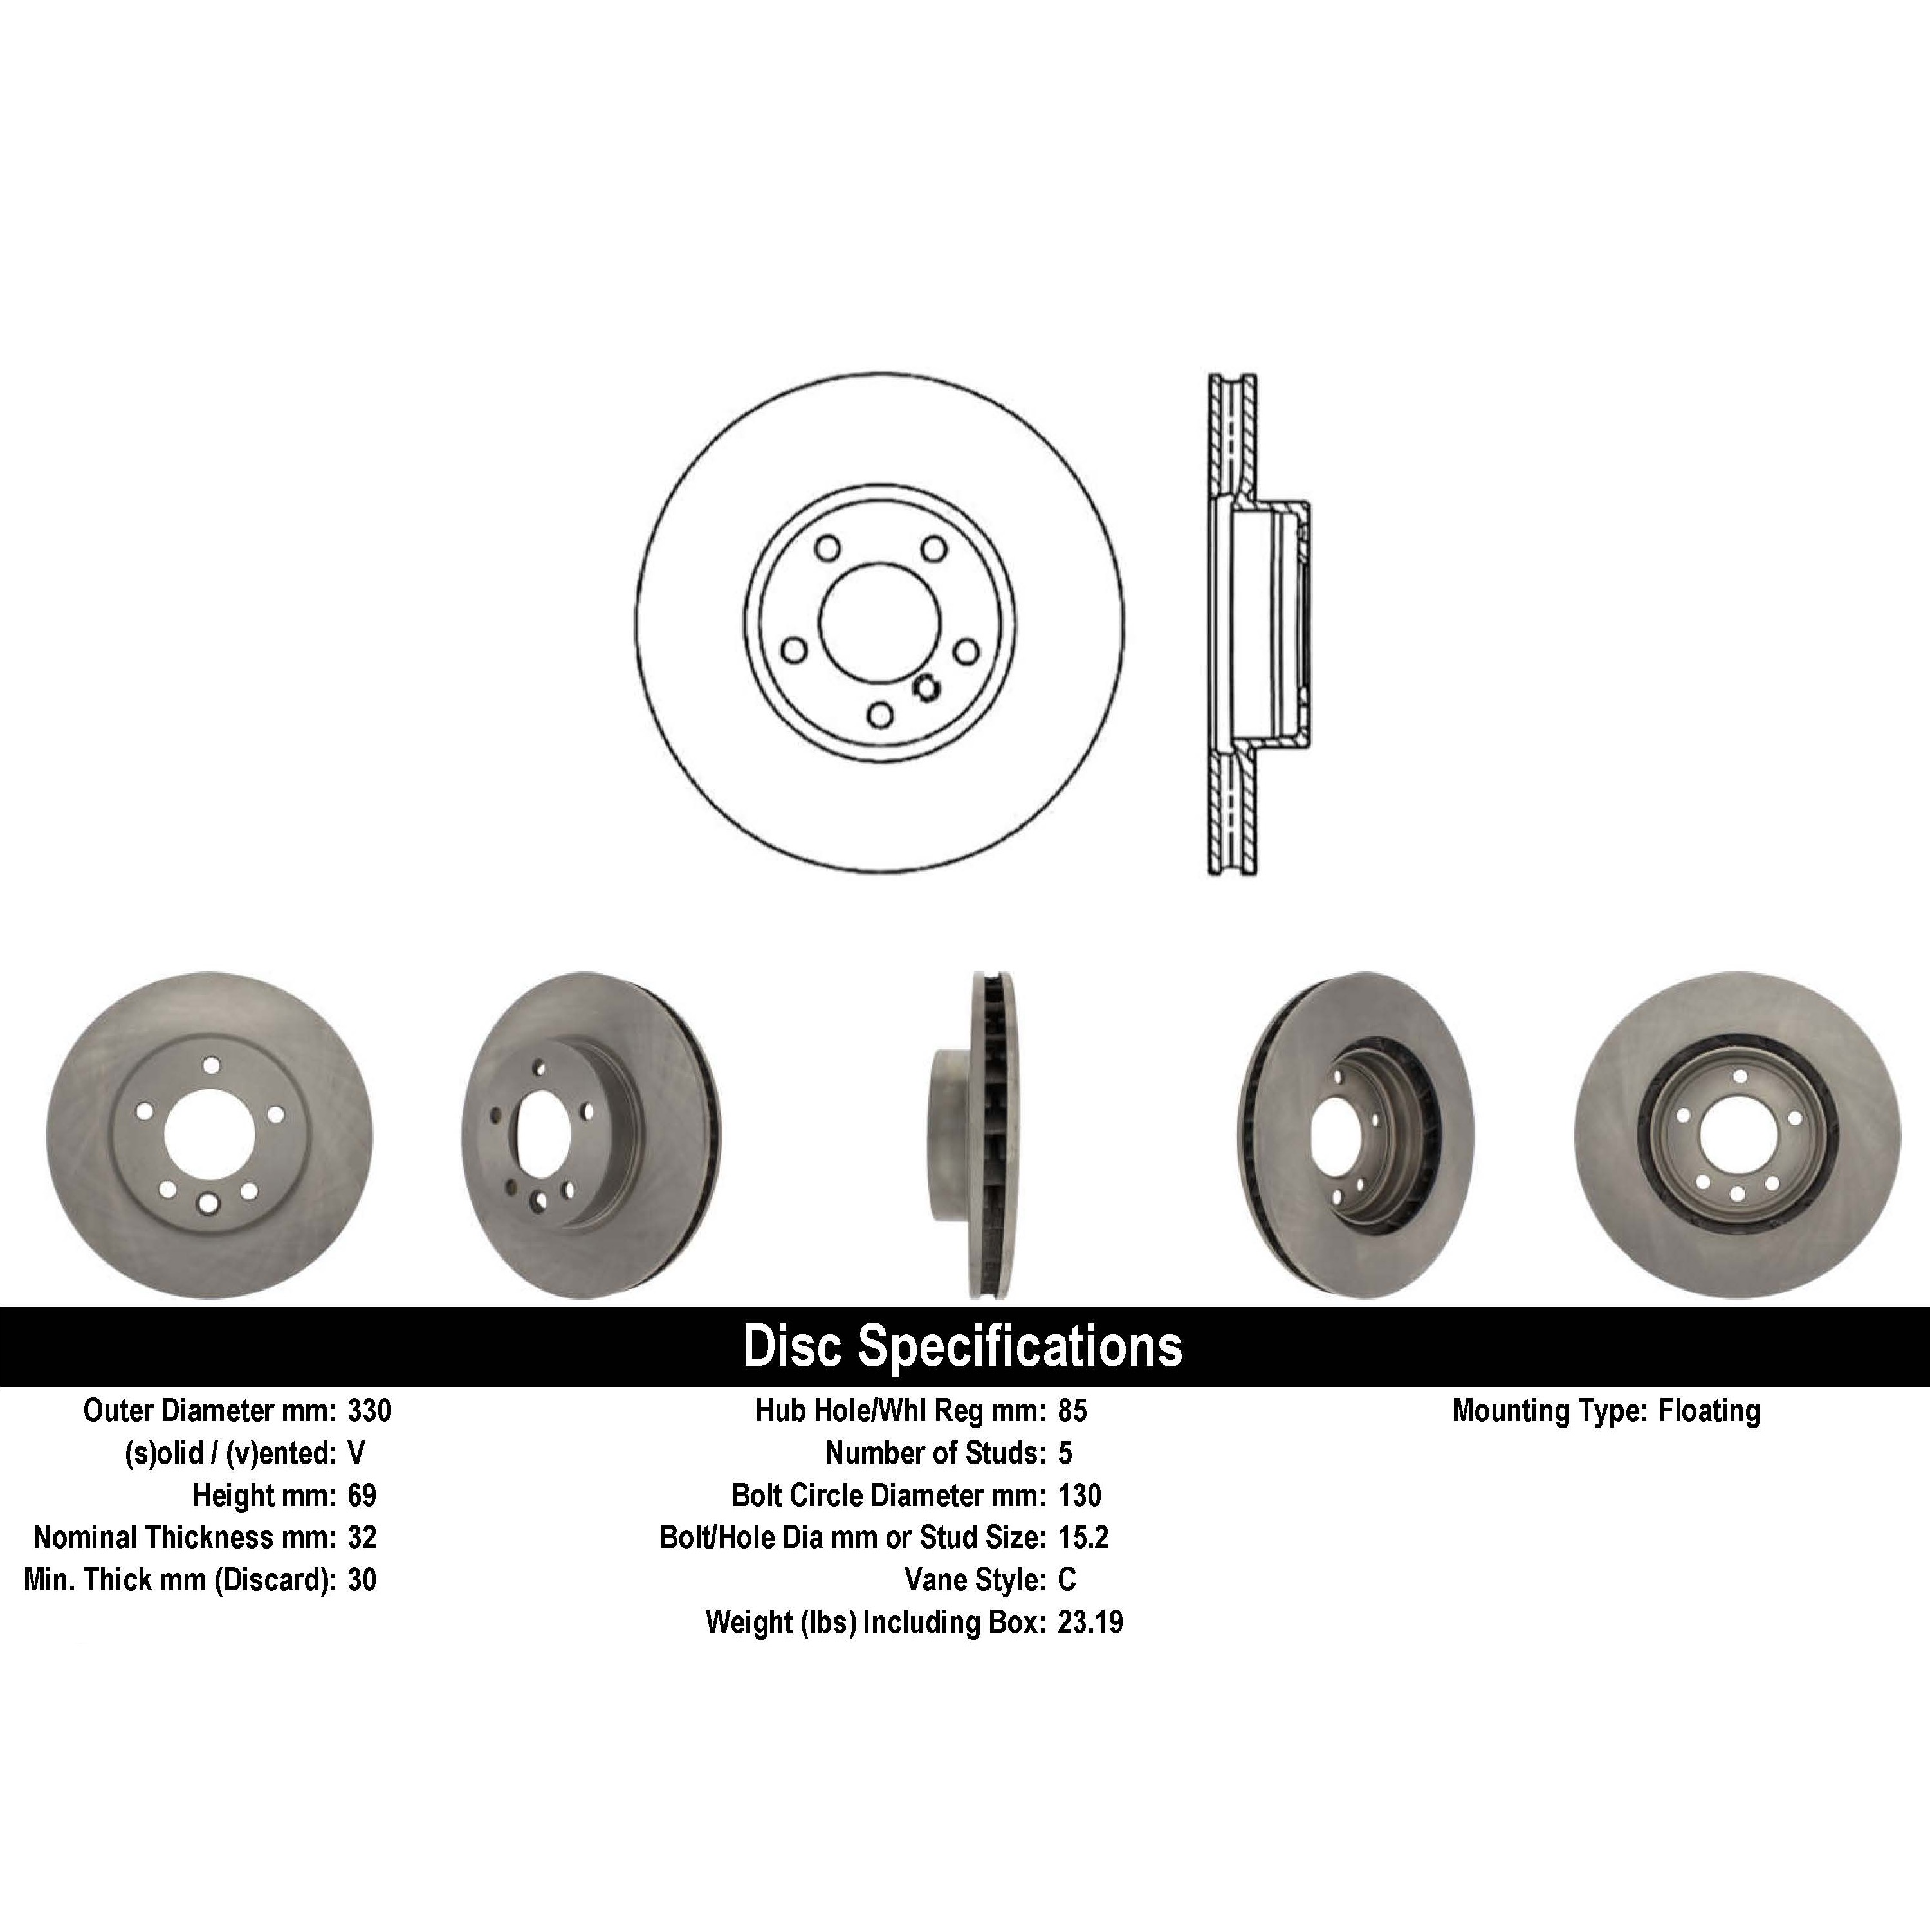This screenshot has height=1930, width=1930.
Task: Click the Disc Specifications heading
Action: click(962, 1346)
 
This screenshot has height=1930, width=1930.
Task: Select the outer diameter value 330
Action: click(369, 1411)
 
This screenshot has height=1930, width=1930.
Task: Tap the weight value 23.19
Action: click(1090, 1621)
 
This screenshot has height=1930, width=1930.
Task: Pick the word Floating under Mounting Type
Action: click(1709, 1411)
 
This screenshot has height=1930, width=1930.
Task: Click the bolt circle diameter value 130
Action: click(1079, 1496)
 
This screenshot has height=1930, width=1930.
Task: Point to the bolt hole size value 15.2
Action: click(1083, 1538)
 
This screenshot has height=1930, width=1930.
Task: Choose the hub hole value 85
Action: click(1072, 1411)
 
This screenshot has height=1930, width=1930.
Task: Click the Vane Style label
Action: click(974, 1579)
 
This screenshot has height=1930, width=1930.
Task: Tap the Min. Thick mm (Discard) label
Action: click(180, 1579)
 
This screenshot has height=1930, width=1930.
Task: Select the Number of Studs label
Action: click(935, 1453)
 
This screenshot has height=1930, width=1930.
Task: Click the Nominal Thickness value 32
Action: click(362, 1538)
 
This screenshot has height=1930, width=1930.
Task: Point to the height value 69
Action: click(362, 1496)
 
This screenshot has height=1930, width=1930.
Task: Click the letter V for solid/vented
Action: click(356, 1453)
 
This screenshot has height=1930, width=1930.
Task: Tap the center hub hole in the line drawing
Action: click(879, 620)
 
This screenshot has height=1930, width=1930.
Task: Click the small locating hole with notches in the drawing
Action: click(926, 687)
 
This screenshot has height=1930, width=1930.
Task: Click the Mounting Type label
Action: click(1549, 1411)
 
